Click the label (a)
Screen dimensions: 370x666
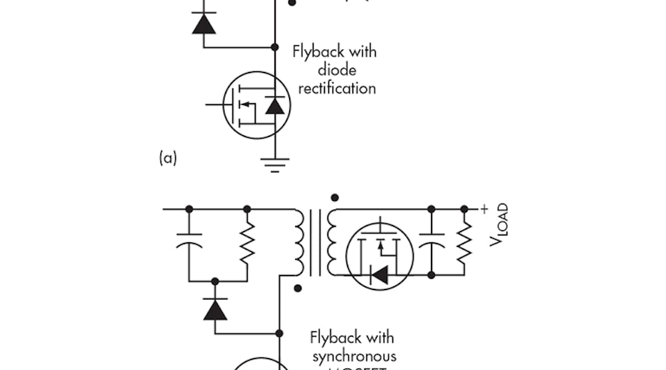pos(167,158)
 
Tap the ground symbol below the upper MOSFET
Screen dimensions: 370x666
pos(274,163)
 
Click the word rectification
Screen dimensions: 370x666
pos(336,88)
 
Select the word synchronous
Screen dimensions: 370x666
pos(354,356)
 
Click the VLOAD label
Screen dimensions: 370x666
pos(499,224)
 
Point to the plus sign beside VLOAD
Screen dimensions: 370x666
pos(484,208)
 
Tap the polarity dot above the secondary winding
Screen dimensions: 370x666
pos(334,197)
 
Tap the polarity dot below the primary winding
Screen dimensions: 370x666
pos(298,288)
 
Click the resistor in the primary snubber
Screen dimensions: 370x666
pos(247,244)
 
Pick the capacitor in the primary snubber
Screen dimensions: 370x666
pos(189,244)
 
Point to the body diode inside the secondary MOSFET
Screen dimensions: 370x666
pos(380,274)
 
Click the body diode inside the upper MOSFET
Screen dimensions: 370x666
pos(274,105)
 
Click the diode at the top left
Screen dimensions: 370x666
pos(203,23)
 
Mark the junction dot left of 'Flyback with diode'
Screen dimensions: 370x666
pos(274,47)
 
